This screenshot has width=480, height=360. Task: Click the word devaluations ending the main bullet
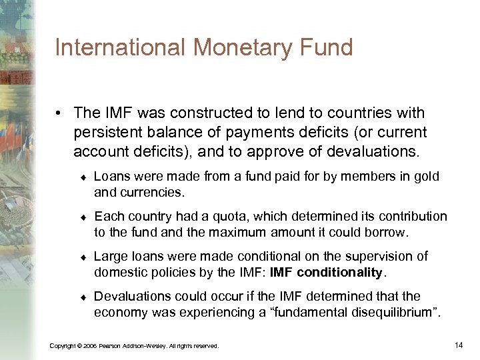[371, 152]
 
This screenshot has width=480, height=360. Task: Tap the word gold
[427, 177]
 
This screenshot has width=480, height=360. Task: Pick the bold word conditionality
[340, 273]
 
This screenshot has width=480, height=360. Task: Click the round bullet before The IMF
[60, 114]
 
